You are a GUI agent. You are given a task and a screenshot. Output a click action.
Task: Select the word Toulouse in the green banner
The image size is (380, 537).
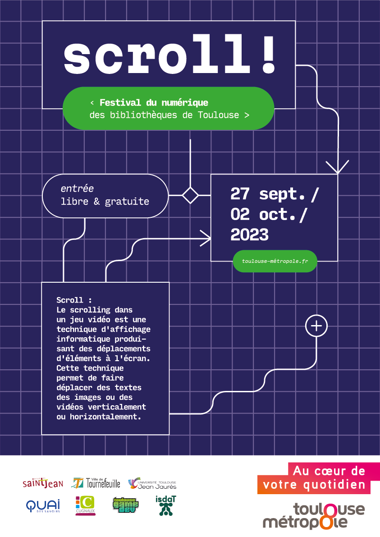coord(218,115)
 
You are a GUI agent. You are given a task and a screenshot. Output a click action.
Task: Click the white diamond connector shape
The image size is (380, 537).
coord(190,195)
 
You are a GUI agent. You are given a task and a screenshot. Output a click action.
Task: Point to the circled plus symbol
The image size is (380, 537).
coord(316,326)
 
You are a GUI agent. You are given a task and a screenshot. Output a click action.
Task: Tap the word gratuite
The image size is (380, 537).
coord(127,202)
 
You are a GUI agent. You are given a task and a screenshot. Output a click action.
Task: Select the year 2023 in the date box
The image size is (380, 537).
coord(249,234)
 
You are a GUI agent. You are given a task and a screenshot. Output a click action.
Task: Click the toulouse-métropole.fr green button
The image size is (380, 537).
coord(275,262)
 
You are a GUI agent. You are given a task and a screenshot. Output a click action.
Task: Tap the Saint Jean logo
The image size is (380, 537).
coord(43,484)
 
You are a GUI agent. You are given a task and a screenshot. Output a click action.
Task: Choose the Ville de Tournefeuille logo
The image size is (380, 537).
coord(96,483)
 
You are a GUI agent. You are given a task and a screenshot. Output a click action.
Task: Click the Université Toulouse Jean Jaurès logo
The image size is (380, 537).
coord(152,484)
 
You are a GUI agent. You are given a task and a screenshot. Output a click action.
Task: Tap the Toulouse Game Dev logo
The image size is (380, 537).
coord(125,505)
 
